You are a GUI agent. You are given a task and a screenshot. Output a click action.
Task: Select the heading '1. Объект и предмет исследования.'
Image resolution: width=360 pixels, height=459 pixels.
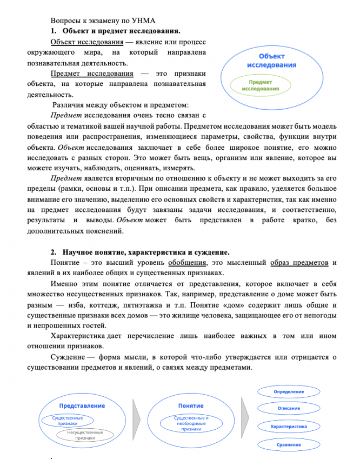[121, 30]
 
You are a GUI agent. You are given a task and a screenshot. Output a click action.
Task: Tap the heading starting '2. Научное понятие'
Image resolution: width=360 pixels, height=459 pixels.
[141, 252]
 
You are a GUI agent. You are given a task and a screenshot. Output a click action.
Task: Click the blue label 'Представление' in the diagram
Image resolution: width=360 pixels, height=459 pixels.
[82, 405]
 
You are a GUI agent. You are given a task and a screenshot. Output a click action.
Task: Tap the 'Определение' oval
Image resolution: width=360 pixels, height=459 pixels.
[289, 391]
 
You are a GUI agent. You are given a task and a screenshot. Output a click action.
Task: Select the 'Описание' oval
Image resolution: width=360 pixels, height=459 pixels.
[289, 408]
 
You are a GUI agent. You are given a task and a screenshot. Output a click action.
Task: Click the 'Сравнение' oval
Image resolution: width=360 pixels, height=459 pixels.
[289, 444]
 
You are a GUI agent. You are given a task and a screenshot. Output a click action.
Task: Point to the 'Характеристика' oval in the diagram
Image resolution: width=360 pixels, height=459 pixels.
[289, 427]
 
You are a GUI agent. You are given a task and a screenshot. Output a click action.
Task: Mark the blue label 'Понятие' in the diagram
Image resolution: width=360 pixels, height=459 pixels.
[191, 405]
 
